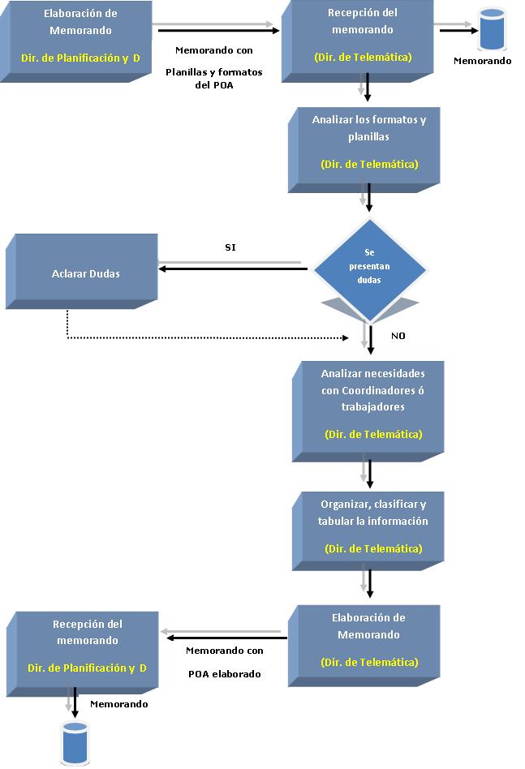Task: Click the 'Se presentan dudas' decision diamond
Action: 369,269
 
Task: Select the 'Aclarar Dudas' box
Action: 82,272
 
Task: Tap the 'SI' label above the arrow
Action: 230,247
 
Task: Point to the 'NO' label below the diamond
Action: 398,336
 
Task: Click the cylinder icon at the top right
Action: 492,29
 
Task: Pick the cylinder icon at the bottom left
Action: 75,742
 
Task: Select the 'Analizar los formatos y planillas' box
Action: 364,150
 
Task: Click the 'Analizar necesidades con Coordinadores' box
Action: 368,411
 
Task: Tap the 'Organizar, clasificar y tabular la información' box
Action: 368,531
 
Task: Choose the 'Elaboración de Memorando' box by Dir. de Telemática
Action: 364,646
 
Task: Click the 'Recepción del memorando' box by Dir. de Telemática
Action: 358,41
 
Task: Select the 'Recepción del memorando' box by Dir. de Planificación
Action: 83,655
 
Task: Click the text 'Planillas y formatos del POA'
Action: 214,79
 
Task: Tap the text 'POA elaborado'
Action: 225,674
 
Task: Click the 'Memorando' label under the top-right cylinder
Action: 482,61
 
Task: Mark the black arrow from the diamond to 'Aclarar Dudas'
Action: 233,269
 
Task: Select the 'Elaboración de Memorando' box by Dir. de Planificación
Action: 76,41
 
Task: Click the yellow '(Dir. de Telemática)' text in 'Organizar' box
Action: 373,548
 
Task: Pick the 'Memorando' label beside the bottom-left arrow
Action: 118,704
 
